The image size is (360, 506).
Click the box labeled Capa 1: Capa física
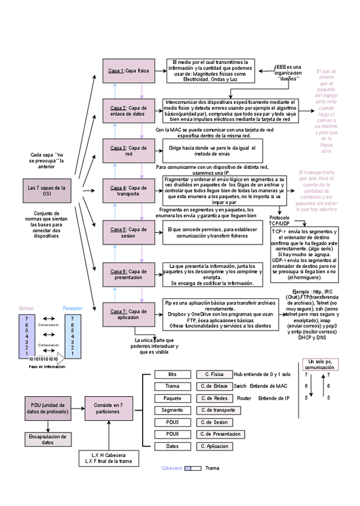[128, 71]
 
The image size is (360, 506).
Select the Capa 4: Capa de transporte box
[128, 191]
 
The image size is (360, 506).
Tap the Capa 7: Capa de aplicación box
[128, 314]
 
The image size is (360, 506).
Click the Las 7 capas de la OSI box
[47, 191]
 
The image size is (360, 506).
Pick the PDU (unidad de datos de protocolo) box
[48, 408]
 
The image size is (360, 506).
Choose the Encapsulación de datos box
[48, 439]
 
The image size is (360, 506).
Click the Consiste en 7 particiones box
[108, 408]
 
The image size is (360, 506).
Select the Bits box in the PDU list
[173, 374]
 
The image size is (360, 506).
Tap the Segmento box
[173, 410]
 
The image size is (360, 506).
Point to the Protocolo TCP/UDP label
[279, 220]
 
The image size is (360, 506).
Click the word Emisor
[27, 308]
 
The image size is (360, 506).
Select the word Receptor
[73, 308]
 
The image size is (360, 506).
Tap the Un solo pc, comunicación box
[319, 365]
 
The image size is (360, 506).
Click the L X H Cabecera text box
[109, 458]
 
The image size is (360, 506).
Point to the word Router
[244, 398]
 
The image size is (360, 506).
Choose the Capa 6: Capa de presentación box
[128, 274]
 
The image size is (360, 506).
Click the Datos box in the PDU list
[173, 446]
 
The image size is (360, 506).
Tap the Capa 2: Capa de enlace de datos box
[128, 110]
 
